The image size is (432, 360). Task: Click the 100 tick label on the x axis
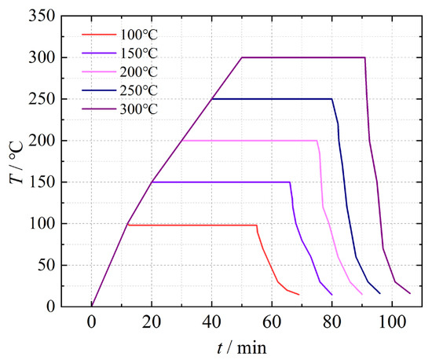pos(393,320)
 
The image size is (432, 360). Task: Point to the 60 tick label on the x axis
pos(273,320)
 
